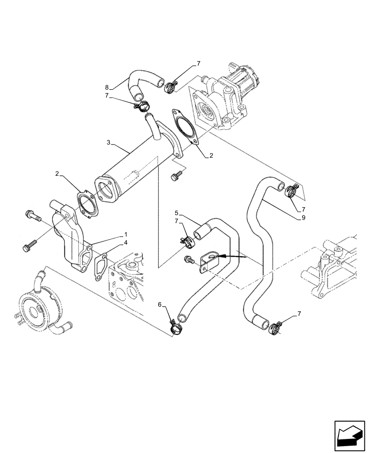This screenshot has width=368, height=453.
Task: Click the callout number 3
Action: coord(108,143)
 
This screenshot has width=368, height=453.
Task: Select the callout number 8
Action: coord(107,87)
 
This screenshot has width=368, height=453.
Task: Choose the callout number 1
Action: coord(126,235)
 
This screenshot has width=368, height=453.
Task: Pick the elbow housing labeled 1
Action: coord(70,236)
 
